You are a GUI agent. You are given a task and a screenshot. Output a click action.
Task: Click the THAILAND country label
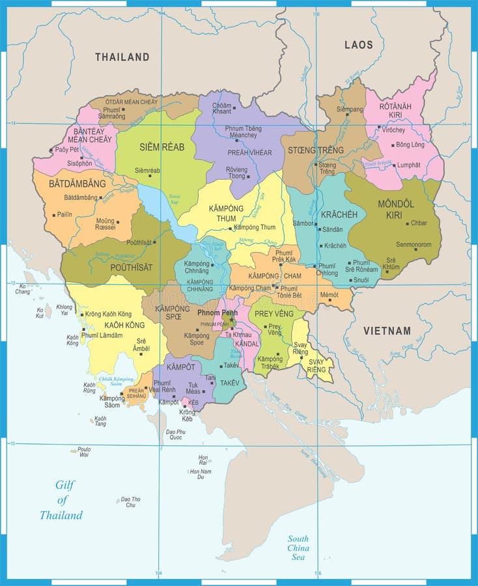[122, 57]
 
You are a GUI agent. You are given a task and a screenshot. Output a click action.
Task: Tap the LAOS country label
[359, 45]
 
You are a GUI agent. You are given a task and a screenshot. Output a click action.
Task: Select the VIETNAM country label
[387, 331]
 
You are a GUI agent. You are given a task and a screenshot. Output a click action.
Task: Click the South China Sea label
[298, 548]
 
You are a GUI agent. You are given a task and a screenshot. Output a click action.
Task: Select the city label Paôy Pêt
[66, 150]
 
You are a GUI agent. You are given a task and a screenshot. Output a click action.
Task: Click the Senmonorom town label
[414, 245]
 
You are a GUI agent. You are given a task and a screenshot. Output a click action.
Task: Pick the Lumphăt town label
[408, 165]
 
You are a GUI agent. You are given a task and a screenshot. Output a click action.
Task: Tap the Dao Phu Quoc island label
[176, 434]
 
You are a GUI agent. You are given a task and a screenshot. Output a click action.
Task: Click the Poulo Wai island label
[84, 452]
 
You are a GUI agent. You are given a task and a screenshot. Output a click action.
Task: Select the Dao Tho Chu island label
[130, 502]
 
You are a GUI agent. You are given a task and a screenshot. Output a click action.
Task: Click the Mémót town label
[329, 295]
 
